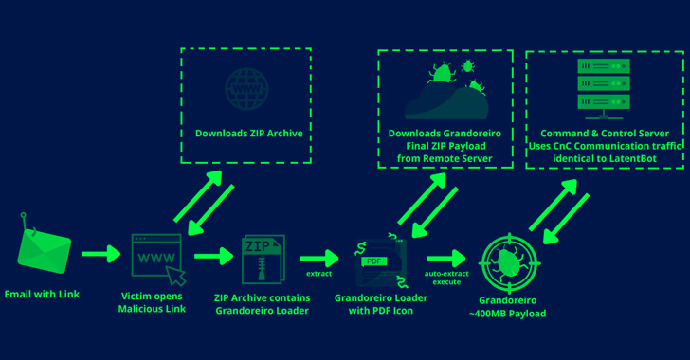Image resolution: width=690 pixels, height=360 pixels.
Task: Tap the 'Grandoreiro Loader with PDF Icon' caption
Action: click(380, 303)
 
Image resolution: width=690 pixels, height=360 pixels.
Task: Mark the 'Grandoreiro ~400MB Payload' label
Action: click(513, 306)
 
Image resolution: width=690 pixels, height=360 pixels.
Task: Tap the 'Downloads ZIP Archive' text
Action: click(248, 134)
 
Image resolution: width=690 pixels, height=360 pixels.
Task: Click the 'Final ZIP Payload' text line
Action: click(445, 148)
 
